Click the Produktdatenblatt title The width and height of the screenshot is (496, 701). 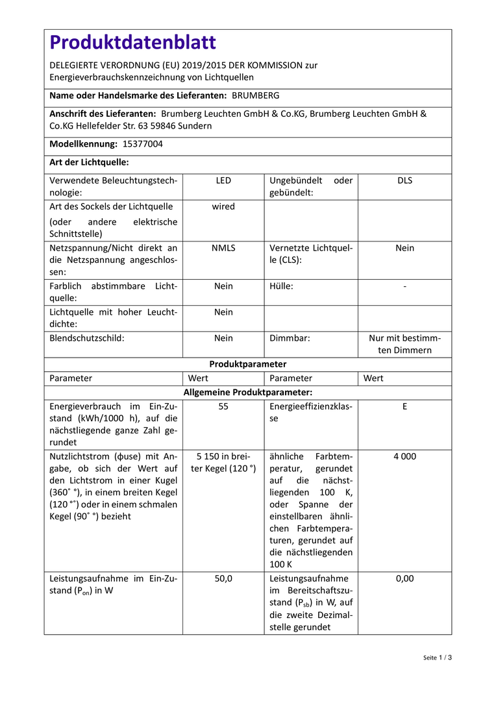[x=133, y=43]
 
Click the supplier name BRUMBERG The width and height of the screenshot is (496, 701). [x=256, y=95]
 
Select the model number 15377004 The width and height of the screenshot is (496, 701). [x=143, y=144]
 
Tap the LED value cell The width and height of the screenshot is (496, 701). [x=223, y=180]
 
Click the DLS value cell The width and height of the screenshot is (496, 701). [x=404, y=180]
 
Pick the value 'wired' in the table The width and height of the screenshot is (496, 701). [x=223, y=206]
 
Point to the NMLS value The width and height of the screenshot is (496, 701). [x=223, y=248]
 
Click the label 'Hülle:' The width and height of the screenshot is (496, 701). [x=281, y=286]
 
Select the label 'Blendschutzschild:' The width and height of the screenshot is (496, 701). [x=87, y=338]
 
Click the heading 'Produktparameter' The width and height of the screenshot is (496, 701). [x=248, y=364]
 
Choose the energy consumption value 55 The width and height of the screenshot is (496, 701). [x=223, y=406]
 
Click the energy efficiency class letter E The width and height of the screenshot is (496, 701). [x=404, y=406]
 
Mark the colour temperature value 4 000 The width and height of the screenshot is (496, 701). [x=404, y=456]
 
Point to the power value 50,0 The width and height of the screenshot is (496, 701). [x=223, y=578]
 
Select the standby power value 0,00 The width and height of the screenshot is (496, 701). [x=404, y=578]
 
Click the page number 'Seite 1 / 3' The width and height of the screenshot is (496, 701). [x=437, y=658]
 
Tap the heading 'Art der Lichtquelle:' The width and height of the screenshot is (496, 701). [x=89, y=162]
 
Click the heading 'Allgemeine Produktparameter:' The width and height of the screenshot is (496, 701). [x=248, y=392]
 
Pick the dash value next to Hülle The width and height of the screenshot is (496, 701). [x=404, y=286]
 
